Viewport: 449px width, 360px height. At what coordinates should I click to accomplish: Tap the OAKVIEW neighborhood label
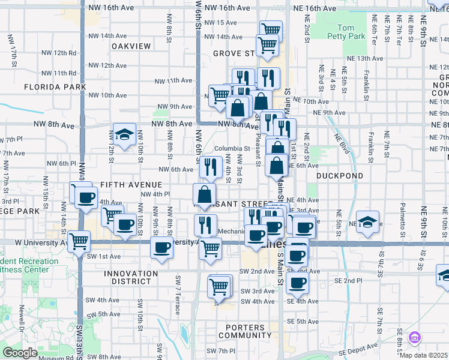pos(130,46)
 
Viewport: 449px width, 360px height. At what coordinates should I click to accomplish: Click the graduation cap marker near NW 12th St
pos(124,135)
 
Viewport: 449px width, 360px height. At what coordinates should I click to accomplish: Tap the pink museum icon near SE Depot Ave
pos(414,338)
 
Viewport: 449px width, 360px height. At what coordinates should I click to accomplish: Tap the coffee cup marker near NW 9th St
pos(161,247)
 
